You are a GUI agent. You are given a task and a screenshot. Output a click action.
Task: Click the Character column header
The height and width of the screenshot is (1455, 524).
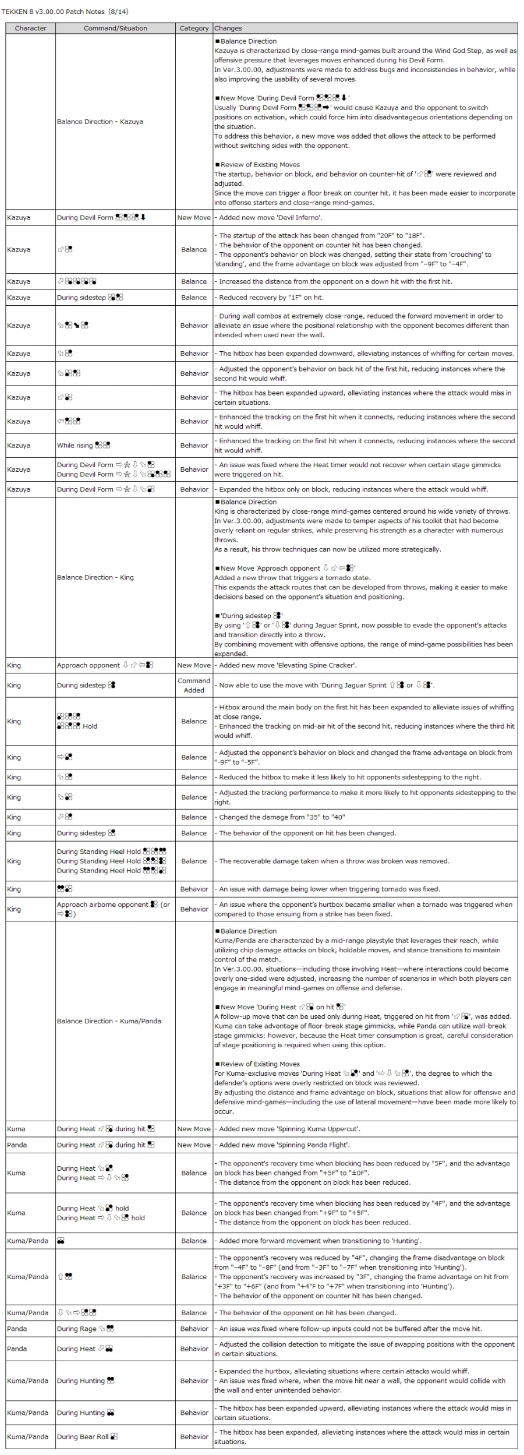click(30, 28)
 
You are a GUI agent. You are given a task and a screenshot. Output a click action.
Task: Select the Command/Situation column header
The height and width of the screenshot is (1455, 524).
click(115, 28)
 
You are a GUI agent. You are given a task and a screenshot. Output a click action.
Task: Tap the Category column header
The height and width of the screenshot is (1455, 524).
click(194, 28)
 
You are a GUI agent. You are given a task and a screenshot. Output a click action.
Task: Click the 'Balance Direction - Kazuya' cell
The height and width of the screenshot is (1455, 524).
click(100, 122)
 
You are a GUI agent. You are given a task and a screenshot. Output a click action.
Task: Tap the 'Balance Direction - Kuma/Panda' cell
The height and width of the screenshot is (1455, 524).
click(109, 1021)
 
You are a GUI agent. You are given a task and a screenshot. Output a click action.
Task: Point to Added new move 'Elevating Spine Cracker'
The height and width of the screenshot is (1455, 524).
click(288, 665)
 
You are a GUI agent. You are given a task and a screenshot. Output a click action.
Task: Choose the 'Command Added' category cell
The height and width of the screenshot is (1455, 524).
click(194, 685)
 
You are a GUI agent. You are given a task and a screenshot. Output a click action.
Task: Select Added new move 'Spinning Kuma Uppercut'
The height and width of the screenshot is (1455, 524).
click(289, 1129)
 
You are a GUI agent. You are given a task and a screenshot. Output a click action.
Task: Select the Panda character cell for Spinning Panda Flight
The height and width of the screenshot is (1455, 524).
click(17, 1145)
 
